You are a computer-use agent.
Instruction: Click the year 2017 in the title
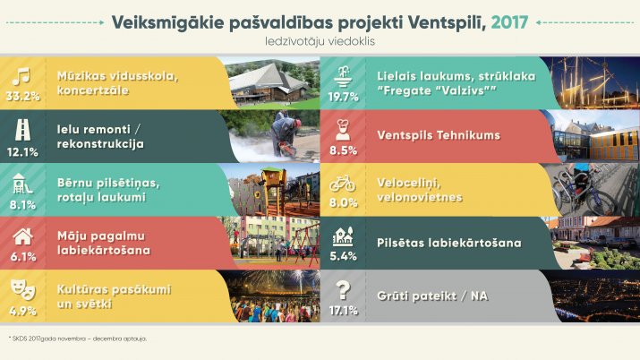click(509, 22)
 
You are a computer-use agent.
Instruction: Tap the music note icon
click(21, 76)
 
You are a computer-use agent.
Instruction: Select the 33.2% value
click(23, 97)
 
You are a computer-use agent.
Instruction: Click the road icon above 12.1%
click(22, 130)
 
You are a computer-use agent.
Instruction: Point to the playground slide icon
click(22, 184)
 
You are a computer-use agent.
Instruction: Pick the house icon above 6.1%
click(22, 236)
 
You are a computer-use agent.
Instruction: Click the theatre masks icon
click(23, 289)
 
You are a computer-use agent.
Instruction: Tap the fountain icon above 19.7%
click(343, 77)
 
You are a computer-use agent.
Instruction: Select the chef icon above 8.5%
click(343, 130)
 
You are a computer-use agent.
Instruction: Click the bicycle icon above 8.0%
click(343, 184)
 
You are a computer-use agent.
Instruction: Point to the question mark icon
click(343, 290)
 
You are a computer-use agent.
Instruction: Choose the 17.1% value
click(344, 311)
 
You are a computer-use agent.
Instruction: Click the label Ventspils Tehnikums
click(439, 135)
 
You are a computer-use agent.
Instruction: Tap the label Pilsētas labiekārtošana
click(449, 243)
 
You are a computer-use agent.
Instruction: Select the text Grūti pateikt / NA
click(432, 296)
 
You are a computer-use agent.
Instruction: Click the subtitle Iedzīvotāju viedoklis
click(320, 41)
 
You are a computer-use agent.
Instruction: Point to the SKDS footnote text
click(78, 339)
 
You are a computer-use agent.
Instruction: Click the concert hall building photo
click(272, 83)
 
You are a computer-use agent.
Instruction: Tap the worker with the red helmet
click(286, 133)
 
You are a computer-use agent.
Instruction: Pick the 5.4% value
click(343, 256)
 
